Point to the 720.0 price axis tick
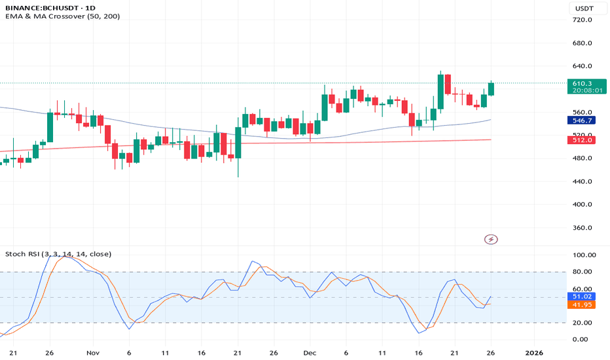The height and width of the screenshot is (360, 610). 582,20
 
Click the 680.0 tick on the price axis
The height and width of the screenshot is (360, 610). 582,43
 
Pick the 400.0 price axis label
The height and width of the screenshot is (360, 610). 582,204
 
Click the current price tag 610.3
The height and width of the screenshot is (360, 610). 582,83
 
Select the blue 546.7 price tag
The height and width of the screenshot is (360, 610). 582,121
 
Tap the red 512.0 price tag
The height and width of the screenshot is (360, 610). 582,140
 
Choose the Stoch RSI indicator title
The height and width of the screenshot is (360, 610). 58,254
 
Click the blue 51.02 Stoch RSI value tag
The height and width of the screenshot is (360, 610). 582,297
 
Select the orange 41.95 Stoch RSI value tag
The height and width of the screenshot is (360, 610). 582,304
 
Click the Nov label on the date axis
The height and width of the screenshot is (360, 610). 92,351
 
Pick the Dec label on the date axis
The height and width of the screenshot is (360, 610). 310,351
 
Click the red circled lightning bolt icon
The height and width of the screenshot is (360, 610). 491,240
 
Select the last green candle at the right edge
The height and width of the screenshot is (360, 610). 491,89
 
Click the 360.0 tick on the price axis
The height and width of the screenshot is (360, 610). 582,228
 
